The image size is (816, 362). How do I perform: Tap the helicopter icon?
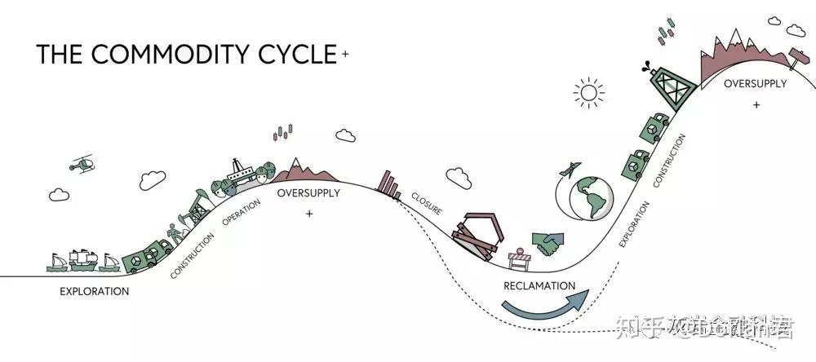coord(81,165)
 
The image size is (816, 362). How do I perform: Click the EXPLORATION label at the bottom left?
coord(95,291)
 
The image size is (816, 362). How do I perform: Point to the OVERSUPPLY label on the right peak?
coord(756,83)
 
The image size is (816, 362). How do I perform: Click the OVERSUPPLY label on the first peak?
coord(308,193)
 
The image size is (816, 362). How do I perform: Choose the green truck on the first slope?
coord(145,256)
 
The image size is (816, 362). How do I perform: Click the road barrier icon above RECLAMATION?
coord(519,258)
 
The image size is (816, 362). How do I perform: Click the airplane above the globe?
coord(568,170)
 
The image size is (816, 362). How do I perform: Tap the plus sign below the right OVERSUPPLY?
coord(756,104)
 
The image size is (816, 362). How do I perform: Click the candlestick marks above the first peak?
coord(284,130)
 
